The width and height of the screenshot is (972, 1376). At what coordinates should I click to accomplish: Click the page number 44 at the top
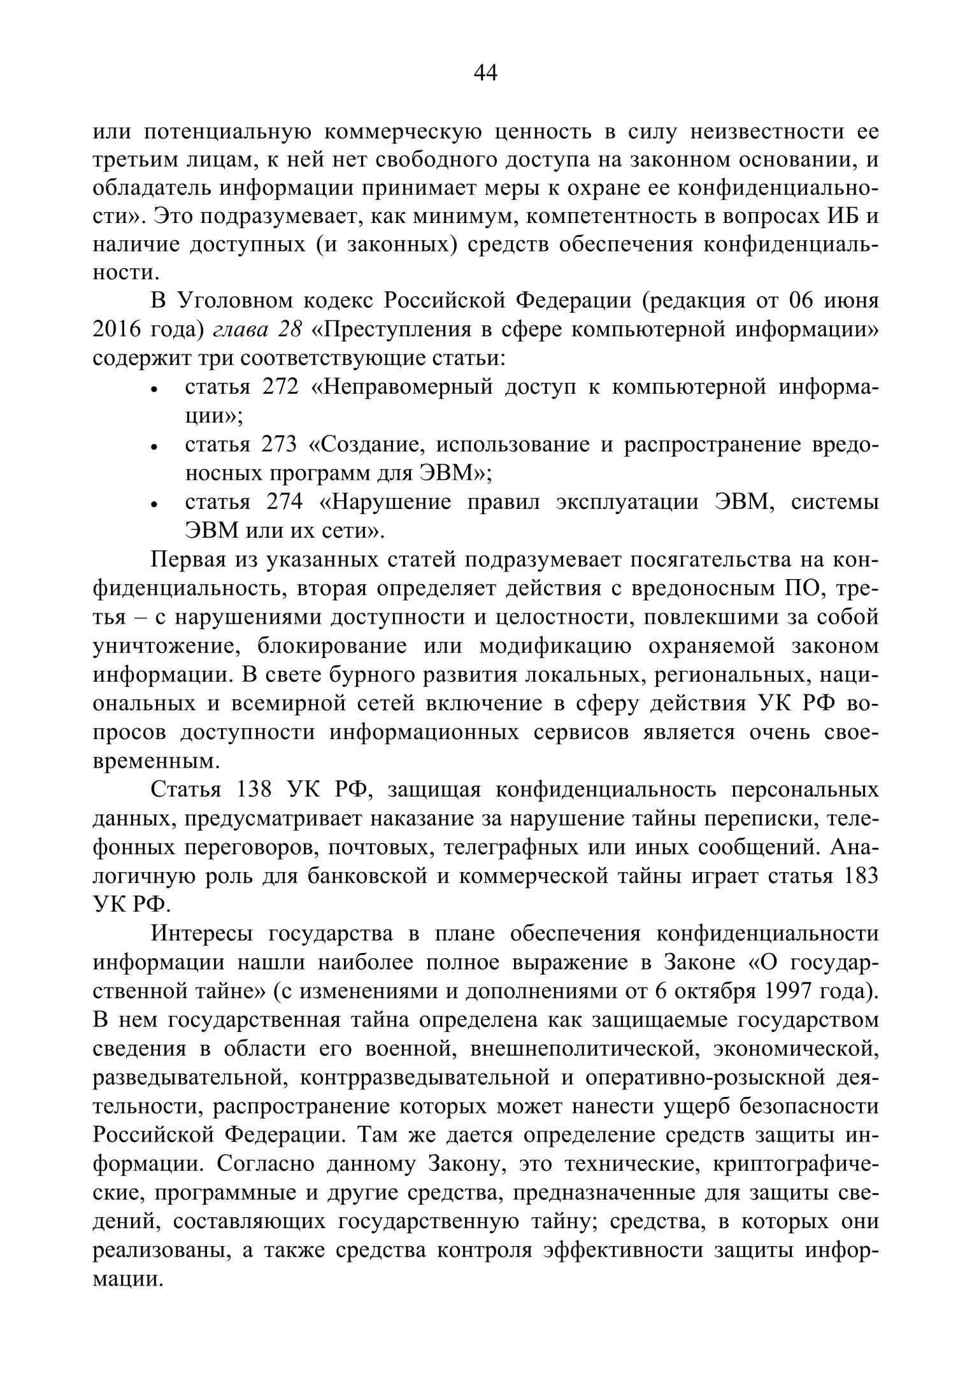coord(485,74)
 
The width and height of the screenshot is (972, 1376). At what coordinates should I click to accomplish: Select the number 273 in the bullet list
coord(280,444)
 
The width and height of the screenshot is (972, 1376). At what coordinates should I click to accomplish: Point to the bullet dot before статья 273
coord(154,448)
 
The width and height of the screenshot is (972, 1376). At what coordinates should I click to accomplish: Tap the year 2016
coord(117,329)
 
